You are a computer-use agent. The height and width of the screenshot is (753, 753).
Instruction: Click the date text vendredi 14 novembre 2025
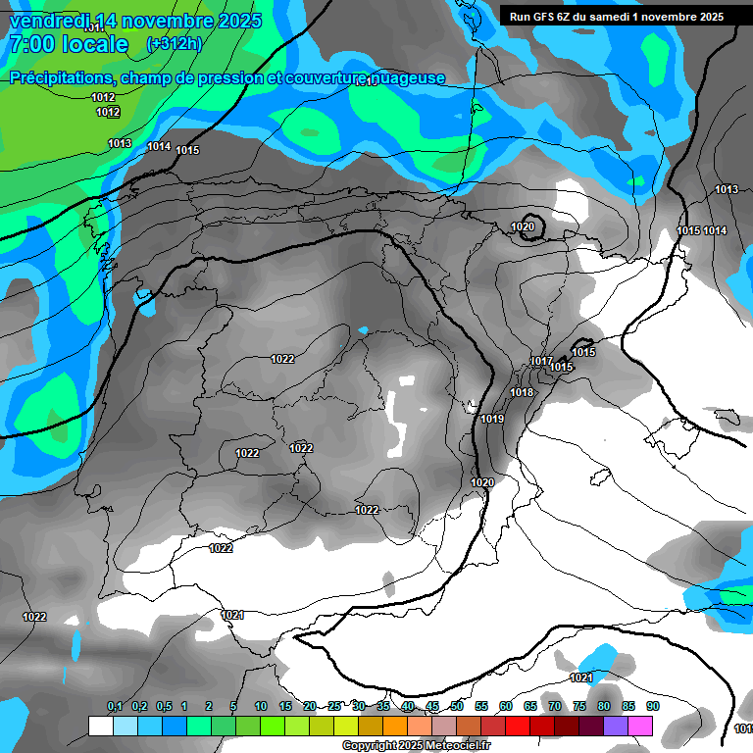pyautogui.click(x=135, y=21)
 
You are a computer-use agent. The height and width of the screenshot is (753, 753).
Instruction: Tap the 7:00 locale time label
pyautogui.click(x=68, y=44)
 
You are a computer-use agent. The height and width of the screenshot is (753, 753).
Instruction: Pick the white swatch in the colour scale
pyautogui.click(x=100, y=727)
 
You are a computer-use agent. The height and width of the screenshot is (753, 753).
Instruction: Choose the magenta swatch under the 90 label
pyautogui.click(x=640, y=727)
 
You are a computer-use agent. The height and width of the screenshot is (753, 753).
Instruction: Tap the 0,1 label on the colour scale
pyautogui.click(x=115, y=706)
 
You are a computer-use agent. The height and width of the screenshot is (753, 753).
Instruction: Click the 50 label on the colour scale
pyautogui.click(x=457, y=706)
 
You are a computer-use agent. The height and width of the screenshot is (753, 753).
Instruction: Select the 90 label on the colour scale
pyautogui.click(x=653, y=706)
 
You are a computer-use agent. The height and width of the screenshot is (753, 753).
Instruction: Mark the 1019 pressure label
pyautogui.click(x=492, y=420)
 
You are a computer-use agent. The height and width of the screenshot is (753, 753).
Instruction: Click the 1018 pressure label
pyautogui.click(x=522, y=392)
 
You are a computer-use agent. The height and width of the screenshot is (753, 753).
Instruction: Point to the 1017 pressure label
pyautogui.click(x=541, y=361)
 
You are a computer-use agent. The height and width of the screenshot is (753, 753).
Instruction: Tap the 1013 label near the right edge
pyautogui.click(x=727, y=189)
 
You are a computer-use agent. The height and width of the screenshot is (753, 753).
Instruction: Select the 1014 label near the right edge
pyautogui.click(x=715, y=230)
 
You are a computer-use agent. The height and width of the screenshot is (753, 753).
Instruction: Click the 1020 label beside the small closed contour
pyautogui.click(x=523, y=226)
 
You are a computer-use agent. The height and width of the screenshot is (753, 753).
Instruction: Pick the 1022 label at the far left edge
pyautogui.click(x=34, y=617)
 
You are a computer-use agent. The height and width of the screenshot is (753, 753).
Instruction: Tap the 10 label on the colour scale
pyautogui.click(x=261, y=706)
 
